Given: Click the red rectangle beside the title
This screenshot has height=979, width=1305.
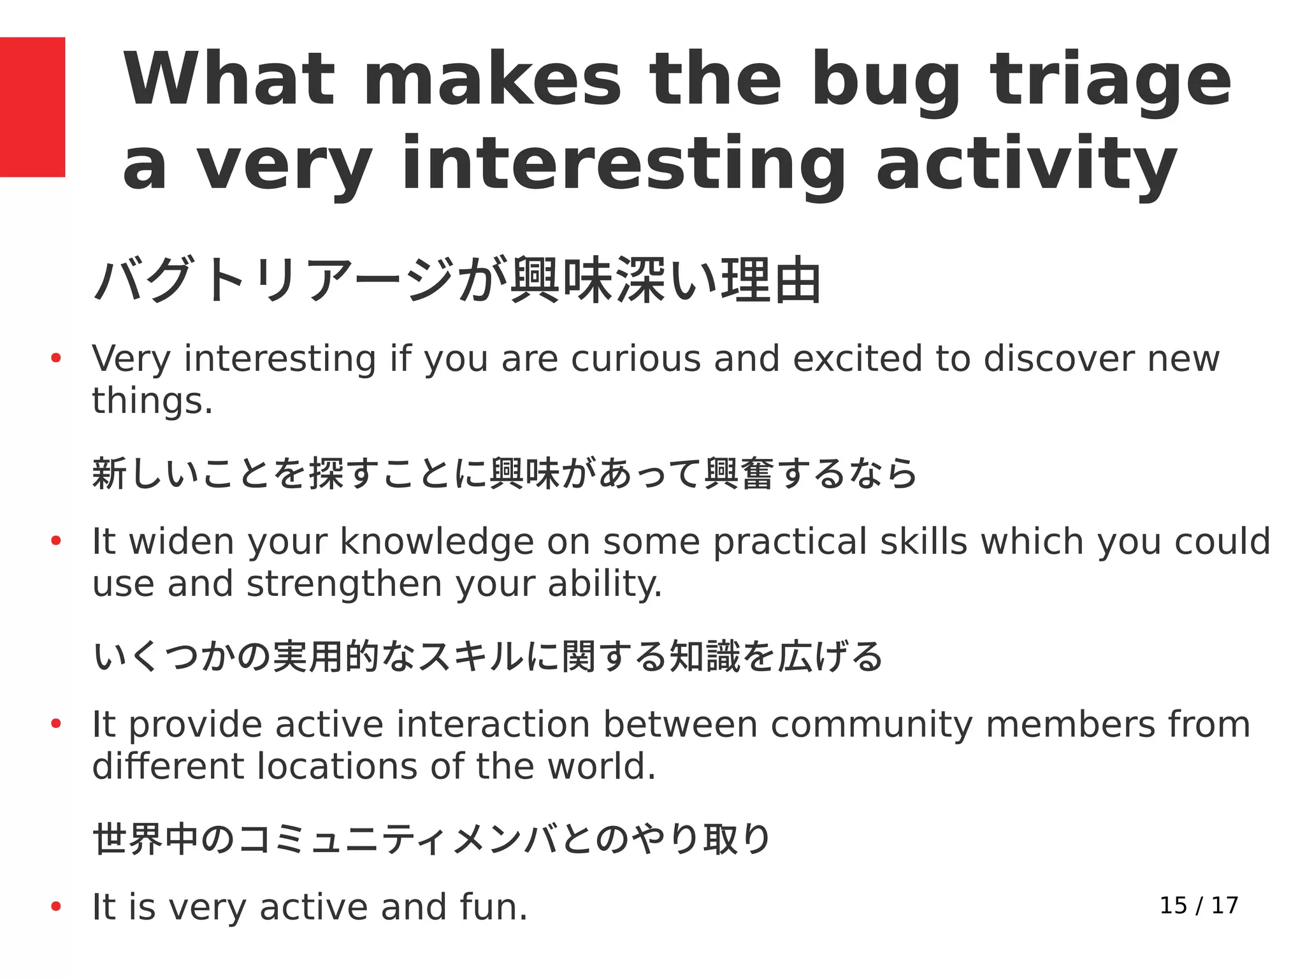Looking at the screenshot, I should click(32, 107).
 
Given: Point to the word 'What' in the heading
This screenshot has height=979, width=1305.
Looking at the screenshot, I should click(229, 79).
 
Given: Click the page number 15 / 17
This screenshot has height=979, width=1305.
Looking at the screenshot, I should click(1199, 906).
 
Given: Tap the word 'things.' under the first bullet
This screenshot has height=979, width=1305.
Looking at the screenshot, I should click(152, 401).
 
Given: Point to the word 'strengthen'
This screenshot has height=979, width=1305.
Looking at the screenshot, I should click(344, 584).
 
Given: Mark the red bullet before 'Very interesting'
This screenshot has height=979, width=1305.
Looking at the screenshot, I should click(56, 358).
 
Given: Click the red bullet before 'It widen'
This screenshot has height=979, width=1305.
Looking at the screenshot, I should click(56, 542).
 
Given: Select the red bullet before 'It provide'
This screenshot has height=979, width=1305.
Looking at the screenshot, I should click(56, 725).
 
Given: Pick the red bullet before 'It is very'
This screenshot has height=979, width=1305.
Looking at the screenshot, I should click(56, 907).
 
